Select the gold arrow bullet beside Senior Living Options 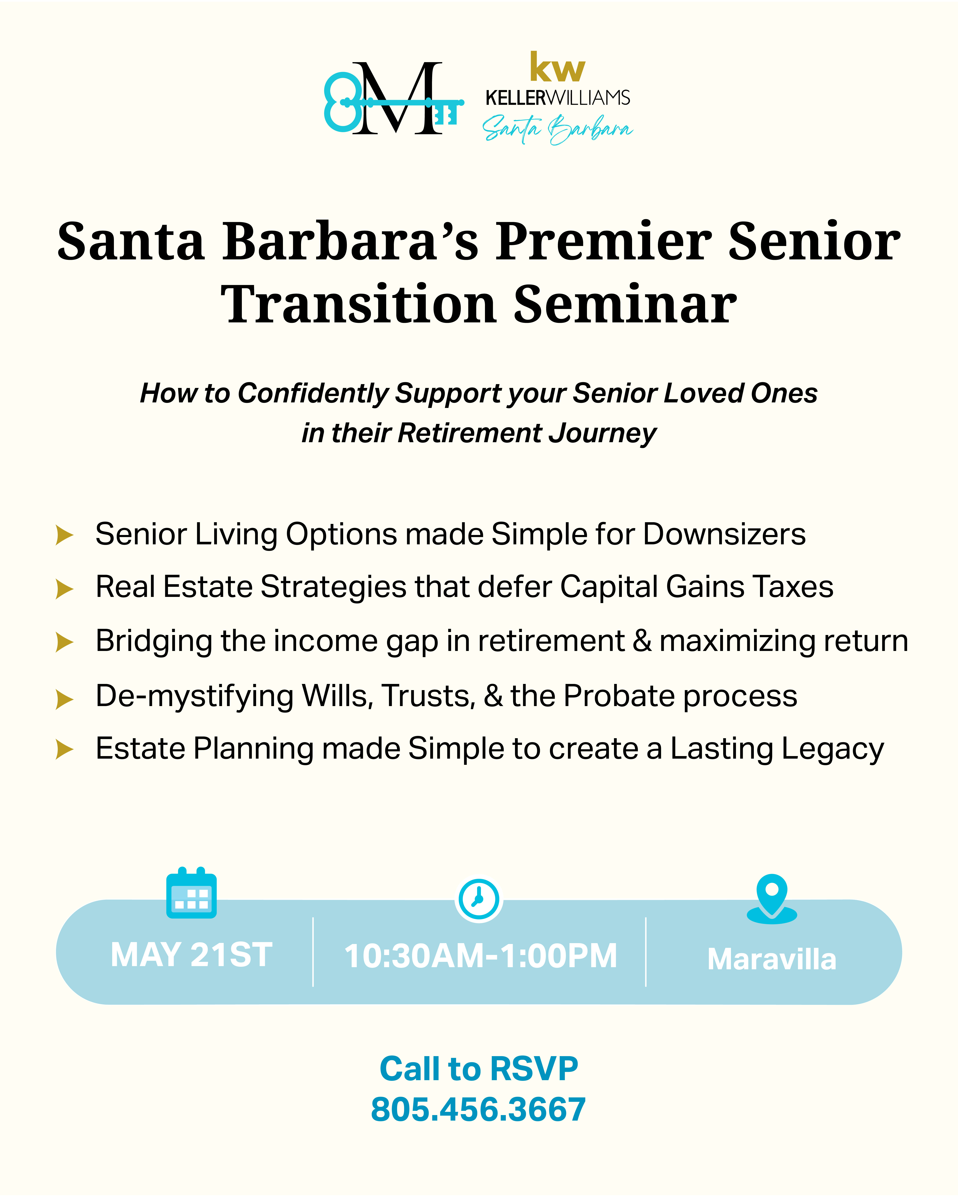[65, 535]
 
